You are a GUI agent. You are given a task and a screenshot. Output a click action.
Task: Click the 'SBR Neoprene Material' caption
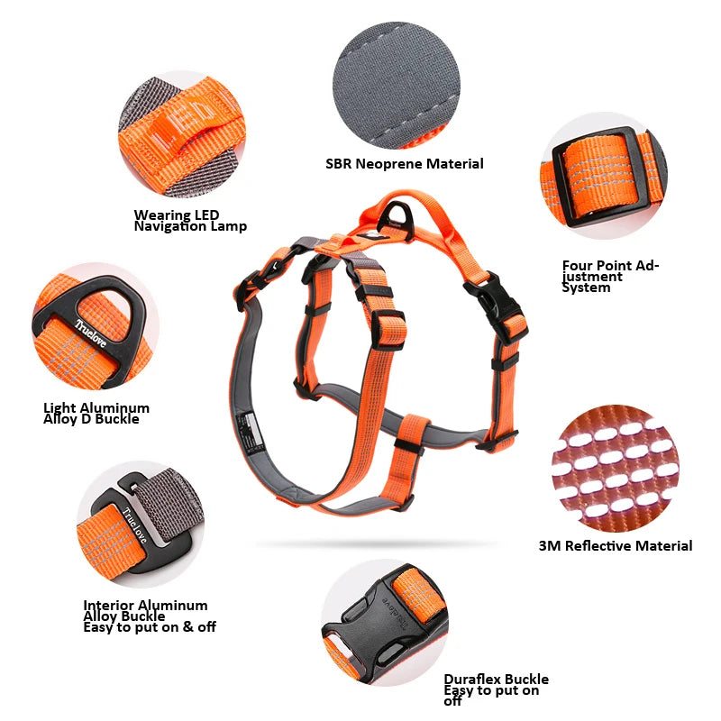coord(405,164)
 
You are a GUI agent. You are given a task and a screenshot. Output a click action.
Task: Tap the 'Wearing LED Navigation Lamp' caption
coord(190,221)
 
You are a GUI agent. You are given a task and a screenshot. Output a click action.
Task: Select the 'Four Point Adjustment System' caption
coord(611,277)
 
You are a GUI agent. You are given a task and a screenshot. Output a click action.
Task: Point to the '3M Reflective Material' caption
coord(616,546)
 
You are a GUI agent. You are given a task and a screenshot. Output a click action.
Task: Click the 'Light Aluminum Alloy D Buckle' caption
coord(96,414)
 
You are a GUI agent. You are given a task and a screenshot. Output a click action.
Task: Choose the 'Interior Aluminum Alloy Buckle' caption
coord(145,610)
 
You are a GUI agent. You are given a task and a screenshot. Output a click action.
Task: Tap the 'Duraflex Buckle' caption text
coord(496,680)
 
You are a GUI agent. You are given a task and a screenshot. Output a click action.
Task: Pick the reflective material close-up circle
coord(616,468)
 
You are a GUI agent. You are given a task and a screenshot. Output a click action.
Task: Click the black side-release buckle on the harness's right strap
coord(494,300)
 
